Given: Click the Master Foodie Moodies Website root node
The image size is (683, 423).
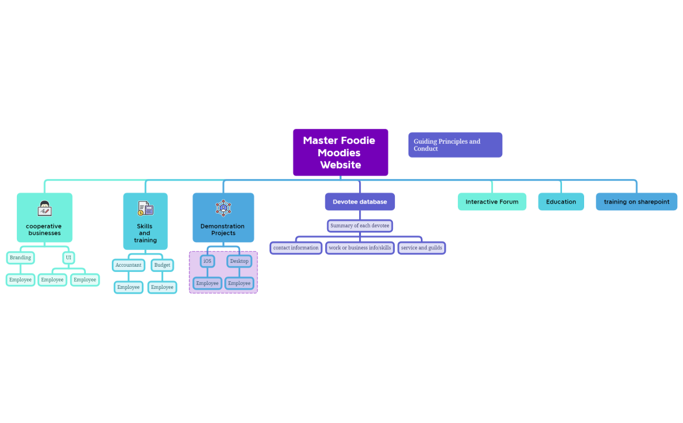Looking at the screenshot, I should [340, 152].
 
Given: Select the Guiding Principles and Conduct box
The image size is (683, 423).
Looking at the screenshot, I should [455, 144].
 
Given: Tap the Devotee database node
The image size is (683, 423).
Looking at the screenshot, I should [360, 202].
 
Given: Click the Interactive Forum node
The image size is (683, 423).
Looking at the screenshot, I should [492, 202].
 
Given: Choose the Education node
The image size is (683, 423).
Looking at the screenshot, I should [561, 202].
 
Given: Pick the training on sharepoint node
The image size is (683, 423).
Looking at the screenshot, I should [636, 202].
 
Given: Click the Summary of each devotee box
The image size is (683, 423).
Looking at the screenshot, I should [360, 226].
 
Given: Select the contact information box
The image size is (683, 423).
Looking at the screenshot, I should [296, 248].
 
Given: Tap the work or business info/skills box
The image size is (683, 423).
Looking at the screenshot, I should [360, 248].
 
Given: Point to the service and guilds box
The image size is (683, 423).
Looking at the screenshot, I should [422, 248].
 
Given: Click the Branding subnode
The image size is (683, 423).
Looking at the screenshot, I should [20, 258].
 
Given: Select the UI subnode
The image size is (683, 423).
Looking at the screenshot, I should [68, 258].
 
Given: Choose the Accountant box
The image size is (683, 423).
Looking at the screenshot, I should [128, 266].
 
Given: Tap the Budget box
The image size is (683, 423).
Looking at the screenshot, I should [162, 266].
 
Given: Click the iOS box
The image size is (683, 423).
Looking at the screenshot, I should [208, 261].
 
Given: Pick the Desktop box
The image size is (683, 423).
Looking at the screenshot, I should [239, 261].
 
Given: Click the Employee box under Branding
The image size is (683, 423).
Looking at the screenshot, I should [20, 280].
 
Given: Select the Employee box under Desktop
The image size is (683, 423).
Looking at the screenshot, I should [239, 283].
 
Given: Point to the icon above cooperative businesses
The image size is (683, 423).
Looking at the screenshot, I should [45, 209].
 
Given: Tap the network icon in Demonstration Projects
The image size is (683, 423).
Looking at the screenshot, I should [223, 208].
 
